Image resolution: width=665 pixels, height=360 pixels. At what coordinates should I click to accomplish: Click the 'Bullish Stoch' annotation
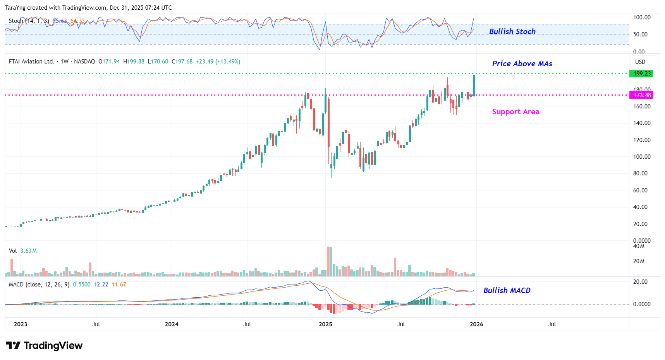[512, 31]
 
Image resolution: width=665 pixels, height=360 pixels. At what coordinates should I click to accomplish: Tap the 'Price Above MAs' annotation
[522, 63]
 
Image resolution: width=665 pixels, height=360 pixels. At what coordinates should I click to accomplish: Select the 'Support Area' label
[516, 111]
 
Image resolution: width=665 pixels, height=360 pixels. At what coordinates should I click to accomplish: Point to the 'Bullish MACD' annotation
[507, 290]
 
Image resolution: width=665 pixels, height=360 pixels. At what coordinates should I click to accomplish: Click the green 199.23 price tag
[642, 74]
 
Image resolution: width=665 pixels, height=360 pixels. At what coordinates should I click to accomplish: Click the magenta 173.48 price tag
[642, 95]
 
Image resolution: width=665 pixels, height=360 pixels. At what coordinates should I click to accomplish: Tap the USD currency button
[640, 62]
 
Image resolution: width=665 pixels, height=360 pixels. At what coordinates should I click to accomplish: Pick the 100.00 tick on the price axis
[642, 157]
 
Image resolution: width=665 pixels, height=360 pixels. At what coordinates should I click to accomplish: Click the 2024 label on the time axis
[172, 324]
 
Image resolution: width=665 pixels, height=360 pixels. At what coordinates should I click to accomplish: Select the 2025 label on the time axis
[325, 324]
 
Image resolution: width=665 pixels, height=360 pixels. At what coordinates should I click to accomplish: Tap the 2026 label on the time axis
[476, 324]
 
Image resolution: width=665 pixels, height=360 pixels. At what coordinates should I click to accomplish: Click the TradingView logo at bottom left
[44, 345]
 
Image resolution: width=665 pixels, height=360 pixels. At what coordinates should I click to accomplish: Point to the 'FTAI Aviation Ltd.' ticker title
[31, 62]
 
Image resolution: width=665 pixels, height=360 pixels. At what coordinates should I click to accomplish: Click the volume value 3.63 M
[28, 251]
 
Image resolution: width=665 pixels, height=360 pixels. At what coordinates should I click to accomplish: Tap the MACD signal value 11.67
[119, 285]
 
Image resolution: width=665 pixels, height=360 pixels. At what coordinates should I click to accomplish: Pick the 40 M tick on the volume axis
[639, 246]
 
